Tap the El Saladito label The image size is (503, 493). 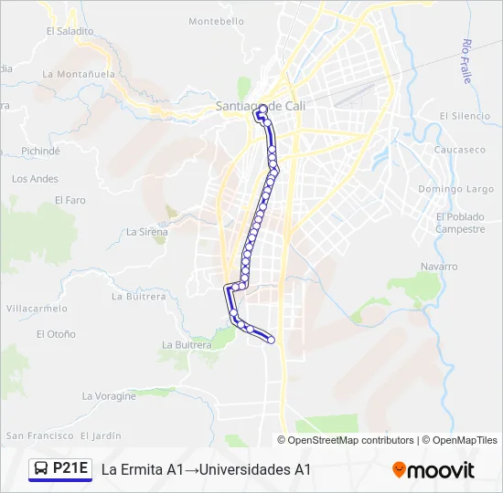point(70,30)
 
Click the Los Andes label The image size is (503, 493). point(35,179)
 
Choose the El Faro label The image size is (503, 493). point(70,200)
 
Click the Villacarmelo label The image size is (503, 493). point(33,309)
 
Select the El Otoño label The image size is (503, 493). point(56,334)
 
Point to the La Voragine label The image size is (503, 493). point(109,396)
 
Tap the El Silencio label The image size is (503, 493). point(466,116)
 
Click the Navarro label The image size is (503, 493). point(439,267)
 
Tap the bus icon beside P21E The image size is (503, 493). point(41,469)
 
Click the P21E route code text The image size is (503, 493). point(70,469)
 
